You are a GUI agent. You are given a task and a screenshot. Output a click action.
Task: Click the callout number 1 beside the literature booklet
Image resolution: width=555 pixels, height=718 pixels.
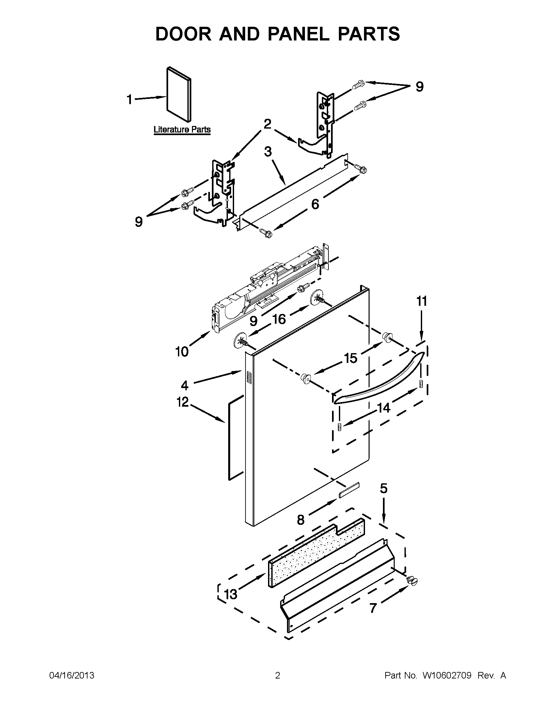click(x=130, y=99)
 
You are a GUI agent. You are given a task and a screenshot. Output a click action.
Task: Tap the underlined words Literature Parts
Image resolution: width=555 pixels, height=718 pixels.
click(x=182, y=130)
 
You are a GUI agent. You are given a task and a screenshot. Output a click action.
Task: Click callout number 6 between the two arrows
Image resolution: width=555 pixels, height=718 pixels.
click(x=315, y=204)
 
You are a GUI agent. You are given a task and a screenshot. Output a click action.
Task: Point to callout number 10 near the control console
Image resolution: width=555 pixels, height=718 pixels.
click(x=182, y=352)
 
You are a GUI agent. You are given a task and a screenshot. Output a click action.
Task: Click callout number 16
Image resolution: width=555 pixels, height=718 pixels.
click(x=279, y=319)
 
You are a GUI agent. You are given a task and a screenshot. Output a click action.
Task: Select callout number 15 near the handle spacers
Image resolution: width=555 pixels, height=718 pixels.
click(x=351, y=358)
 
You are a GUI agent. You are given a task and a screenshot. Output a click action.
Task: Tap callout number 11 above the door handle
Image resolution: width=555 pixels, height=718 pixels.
click(x=422, y=301)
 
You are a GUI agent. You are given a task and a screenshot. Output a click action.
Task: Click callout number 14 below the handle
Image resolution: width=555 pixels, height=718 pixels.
click(x=383, y=408)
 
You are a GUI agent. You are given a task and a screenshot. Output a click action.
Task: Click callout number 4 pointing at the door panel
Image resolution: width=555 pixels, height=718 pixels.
click(x=184, y=385)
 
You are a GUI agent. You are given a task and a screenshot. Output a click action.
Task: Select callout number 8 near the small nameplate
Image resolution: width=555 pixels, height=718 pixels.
click(x=300, y=520)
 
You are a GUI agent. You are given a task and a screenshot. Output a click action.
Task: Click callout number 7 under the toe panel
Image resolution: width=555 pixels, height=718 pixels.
click(x=373, y=608)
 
